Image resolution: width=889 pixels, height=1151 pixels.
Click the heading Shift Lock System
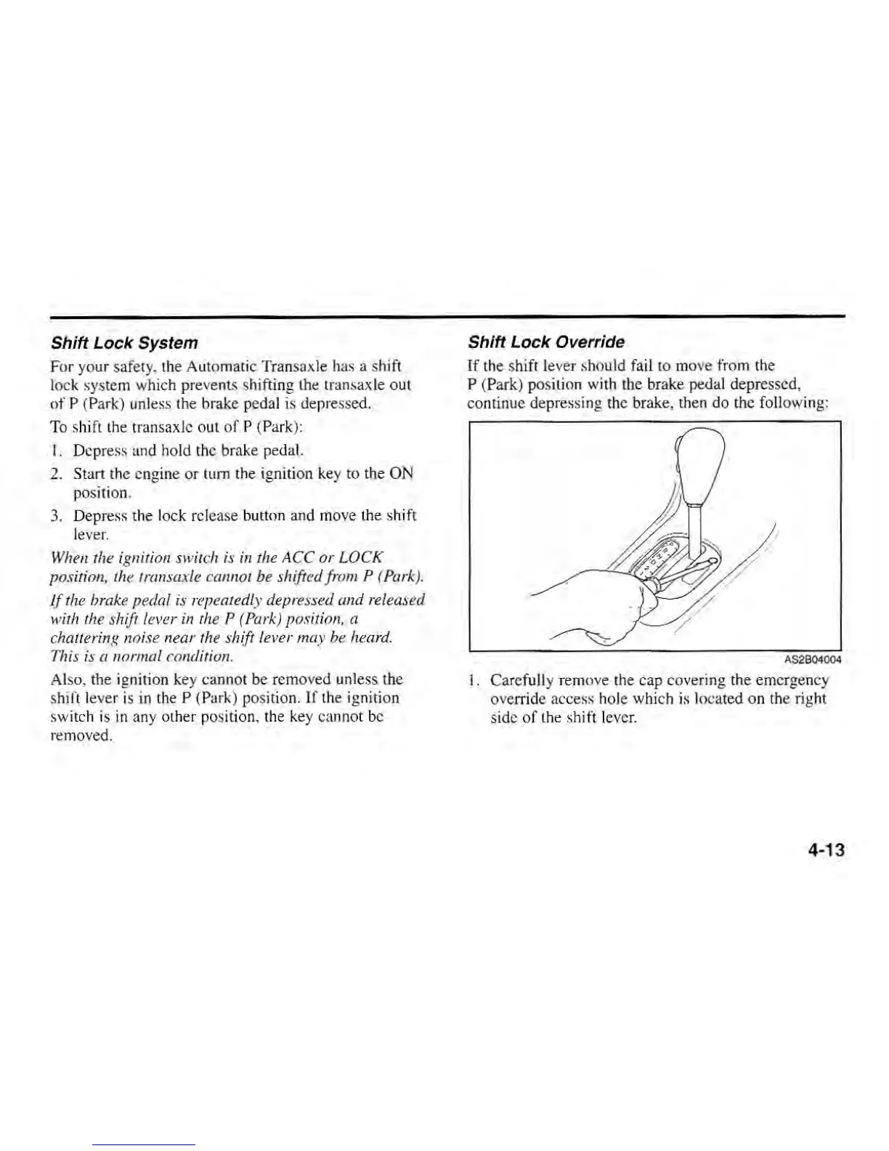[x=123, y=342]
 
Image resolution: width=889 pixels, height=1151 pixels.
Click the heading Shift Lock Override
[x=545, y=342]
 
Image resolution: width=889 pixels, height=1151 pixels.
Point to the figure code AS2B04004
[x=812, y=660]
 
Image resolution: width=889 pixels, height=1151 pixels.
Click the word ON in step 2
[x=401, y=474]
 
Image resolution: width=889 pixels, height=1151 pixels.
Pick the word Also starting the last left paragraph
[x=66, y=679]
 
